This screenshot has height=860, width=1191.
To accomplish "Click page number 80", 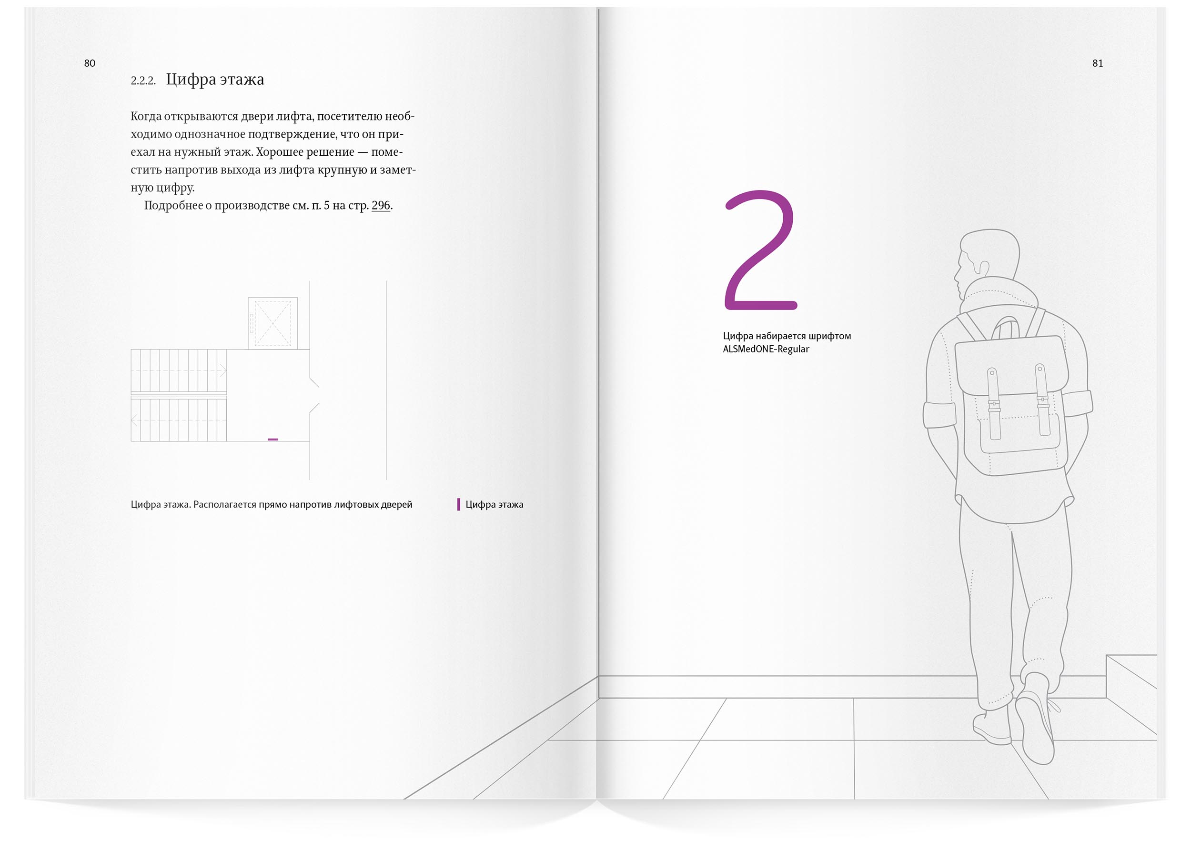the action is pyautogui.click(x=90, y=63).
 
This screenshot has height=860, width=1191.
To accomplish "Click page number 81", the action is pyautogui.click(x=1098, y=63).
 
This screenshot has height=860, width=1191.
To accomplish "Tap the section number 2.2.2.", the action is pyautogui.click(x=143, y=80).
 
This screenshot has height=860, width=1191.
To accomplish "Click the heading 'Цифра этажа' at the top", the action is pyautogui.click(x=215, y=79).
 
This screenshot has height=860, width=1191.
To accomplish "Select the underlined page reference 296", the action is pyautogui.click(x=381, y=205).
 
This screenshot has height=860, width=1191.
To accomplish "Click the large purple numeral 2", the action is pyautogui.click(x=761, y=250).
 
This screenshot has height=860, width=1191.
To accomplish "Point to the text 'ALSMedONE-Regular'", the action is pyautogui.click(x=766, y=349).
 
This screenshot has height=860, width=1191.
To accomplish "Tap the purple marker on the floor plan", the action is pyautogui.click(x=273, y=439).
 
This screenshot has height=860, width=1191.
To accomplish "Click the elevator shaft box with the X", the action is pyautogui.click(x=273, y=323).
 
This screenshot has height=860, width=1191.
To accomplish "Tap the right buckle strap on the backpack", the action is pyautogui.click(x=1042, y=400).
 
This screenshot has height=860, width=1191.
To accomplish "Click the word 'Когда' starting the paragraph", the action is pyautogui.click(x=145, y=116).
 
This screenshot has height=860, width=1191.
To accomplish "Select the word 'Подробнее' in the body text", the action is pyautogui.click(x=173, y=206).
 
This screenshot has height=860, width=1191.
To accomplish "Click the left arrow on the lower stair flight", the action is pyautogui.click(x=134, y=420).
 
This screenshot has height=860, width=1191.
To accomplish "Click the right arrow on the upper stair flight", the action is pyautogui.click(x=222, y=370).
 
